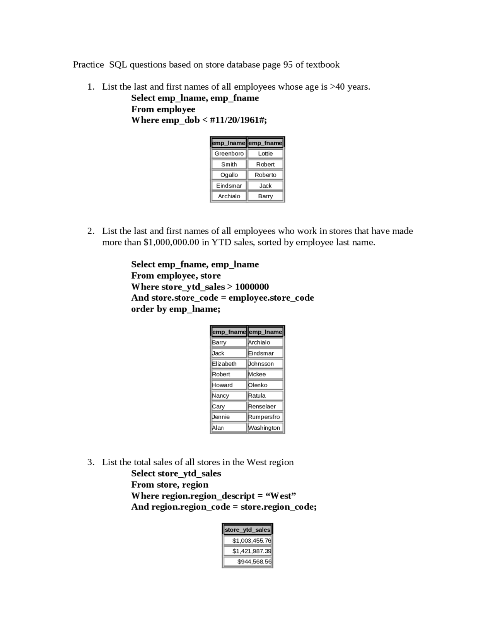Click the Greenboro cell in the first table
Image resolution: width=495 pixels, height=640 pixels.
[x=229, y=153]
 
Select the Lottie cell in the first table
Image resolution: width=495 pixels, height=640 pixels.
[x=265, y=153]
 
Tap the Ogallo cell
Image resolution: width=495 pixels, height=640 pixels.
[x=229, y=175]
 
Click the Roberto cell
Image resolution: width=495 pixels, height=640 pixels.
[x=265, y=175]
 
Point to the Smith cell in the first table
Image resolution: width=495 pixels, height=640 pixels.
[x=229, y=164]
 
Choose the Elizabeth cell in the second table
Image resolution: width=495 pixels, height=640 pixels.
[x=229, y=364]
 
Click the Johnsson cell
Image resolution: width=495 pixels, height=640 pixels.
[x=265, y=364]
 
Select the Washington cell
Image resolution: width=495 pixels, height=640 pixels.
[x=265, y=427]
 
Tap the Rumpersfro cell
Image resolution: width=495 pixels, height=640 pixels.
[x=265, y=417]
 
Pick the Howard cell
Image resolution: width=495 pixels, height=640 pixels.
[x=229, y=385]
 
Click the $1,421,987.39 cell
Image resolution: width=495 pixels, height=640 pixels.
[x=248, y=551]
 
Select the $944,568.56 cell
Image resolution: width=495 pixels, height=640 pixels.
[x=248, y=562]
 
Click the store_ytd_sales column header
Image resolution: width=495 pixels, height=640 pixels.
[x=247, y=529]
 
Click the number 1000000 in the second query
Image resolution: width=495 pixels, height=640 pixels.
[x=252, y=287]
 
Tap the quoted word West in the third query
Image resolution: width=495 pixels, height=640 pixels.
[x=281, y=496]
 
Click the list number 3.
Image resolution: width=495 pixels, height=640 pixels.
[x=90, y=462]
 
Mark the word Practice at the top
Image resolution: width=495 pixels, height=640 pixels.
[x=88, y=65]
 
